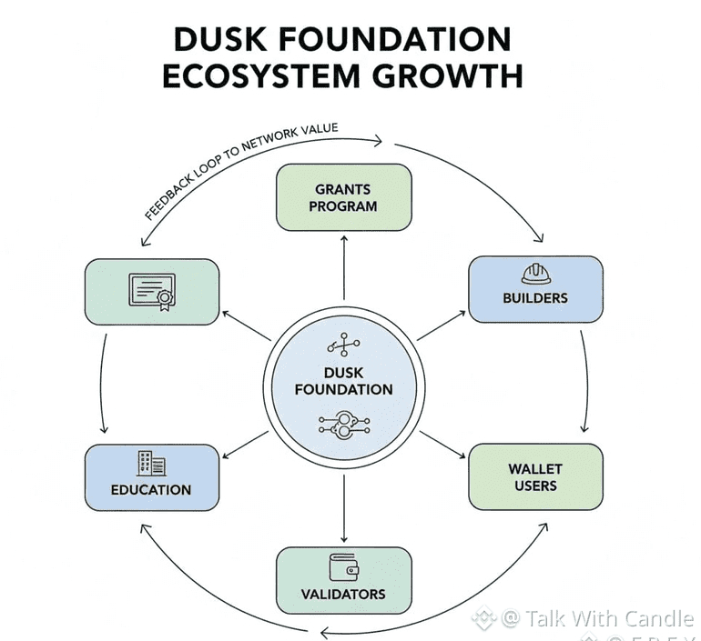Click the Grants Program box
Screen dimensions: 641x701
coord(343,197)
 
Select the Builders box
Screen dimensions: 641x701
coord(534,289)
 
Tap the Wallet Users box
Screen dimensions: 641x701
coord(534,476)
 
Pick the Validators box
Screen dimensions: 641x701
coord(343,580)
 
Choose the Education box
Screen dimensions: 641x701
coord(151,477)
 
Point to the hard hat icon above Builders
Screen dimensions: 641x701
coord(534,273)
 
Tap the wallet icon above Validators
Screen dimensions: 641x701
coord(343,566)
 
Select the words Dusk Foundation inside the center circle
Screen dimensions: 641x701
coord(344,381)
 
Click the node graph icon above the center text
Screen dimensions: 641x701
coord(343,346)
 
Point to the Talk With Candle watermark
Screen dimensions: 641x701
coord(596,619)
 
